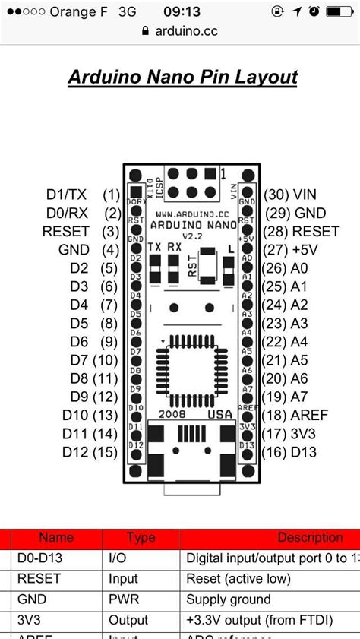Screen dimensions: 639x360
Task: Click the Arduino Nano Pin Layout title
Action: [x=182, y=77]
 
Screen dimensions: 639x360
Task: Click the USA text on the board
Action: [x=220, y=414]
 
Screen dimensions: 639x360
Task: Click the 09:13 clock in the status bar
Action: [x=181, y=11]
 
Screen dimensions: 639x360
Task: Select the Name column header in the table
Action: [x=56, y=538]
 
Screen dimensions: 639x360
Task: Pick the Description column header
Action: [x=310, y=538]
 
